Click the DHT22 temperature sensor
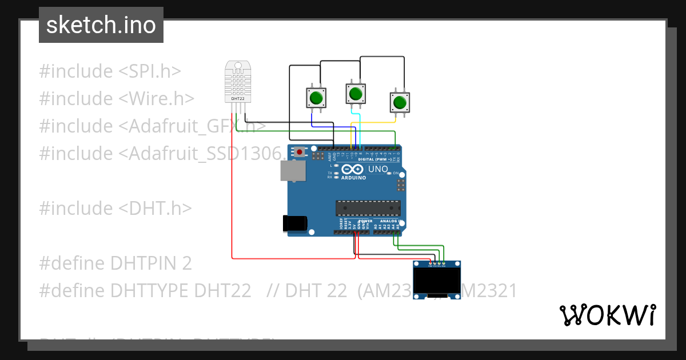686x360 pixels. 238,82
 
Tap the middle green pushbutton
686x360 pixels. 355,93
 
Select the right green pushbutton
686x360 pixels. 400,102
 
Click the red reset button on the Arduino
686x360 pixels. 300,152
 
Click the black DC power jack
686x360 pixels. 296,223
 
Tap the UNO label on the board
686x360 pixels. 377,170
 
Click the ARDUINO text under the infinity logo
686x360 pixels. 353,178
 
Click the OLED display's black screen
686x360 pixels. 437,281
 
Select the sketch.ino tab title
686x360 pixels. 101,25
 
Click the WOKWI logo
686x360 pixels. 607,315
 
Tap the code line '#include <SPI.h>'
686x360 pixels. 110,71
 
